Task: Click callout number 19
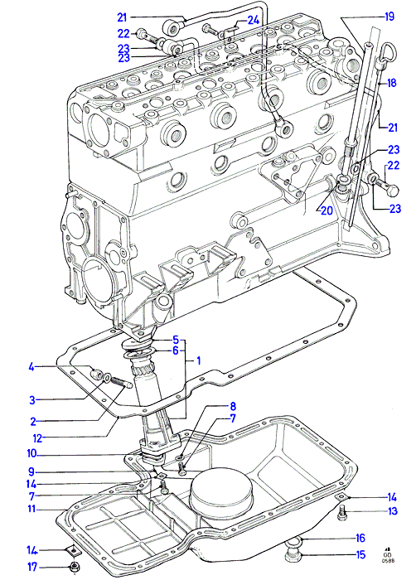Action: pyautogui.click(x=389, y=17)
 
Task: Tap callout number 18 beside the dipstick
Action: pyautogui.click(x=391, y=83)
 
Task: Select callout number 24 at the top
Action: pyautogui.click(x=253, y=20)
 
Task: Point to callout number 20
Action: pyautogui.click(x=327, y=210)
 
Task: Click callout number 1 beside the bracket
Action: pyautogui.click(x=198, y=360)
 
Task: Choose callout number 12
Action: pyautogui.click(x=38, y=438)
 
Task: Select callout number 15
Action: pyautogui.click(x=360, y=555)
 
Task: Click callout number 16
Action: pyautogui.click(x=360, y=539)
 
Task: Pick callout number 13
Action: pyautogui.click(x=392, y=511)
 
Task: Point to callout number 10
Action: pyautogui.click(x=32, y=453)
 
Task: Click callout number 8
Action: pyautogui.click(x=233, y=407)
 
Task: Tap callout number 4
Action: pyautogui.click(x=31, y=367)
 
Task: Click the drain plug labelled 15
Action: pyautogui.click(x=293, y=553)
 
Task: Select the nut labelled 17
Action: pyautogui.click(x=76, y=566)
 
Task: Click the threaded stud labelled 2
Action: pyautogui.click(x=121, y=381)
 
